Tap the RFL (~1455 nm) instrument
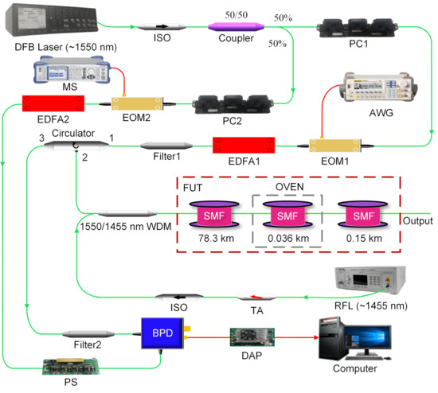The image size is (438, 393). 373,286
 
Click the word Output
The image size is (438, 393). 419,221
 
